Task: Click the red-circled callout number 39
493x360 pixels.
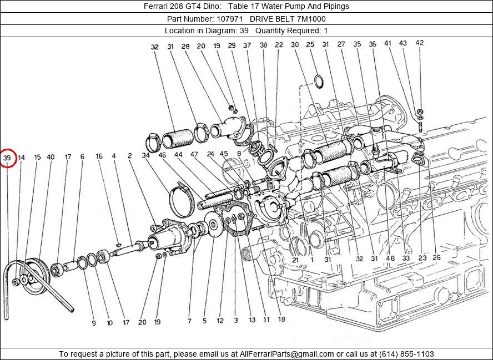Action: point(7,158)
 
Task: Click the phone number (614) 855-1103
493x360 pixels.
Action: point(406,353)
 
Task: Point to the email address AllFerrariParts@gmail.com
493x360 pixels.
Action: point(286,353)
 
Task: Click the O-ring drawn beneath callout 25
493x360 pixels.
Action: point(319,81)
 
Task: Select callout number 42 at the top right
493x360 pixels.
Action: point(419,43)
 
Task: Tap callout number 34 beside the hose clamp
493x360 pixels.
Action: point(145,156)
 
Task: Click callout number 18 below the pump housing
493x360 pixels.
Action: point(281,320)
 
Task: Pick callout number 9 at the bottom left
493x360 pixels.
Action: point(94,322)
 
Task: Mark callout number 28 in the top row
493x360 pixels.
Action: point(185,47)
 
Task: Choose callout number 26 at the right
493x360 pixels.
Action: point(436,258)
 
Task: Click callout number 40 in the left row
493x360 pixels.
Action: point(51,158)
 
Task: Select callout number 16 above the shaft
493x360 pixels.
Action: point(99,156)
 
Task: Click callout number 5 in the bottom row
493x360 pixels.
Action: point(204,321)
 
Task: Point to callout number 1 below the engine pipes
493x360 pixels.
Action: point(312,259)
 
